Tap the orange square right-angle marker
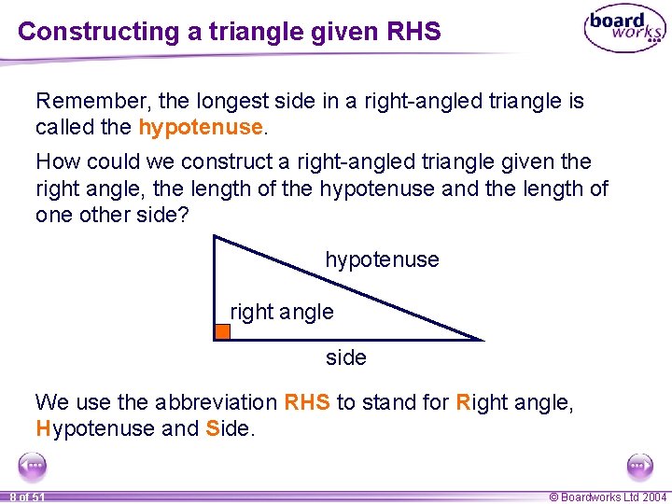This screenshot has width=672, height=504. (x=222, y=331)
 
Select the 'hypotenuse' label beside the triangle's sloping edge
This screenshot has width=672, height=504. (x=382, y=259)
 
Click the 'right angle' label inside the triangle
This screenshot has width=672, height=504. (x=282, y=312)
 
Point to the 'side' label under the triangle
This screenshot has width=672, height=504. (x=345, y=357)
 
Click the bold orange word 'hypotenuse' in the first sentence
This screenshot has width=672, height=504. (x=200, y=126)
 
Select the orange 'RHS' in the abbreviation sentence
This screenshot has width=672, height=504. (x=307, y=402)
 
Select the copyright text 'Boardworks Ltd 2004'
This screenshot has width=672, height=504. (x=613, y=497)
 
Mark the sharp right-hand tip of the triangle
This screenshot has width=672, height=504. (x=482, y=339)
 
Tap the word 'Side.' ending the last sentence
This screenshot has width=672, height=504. (x=230, y=428)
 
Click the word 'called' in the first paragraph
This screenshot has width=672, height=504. (x=64, y=126)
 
